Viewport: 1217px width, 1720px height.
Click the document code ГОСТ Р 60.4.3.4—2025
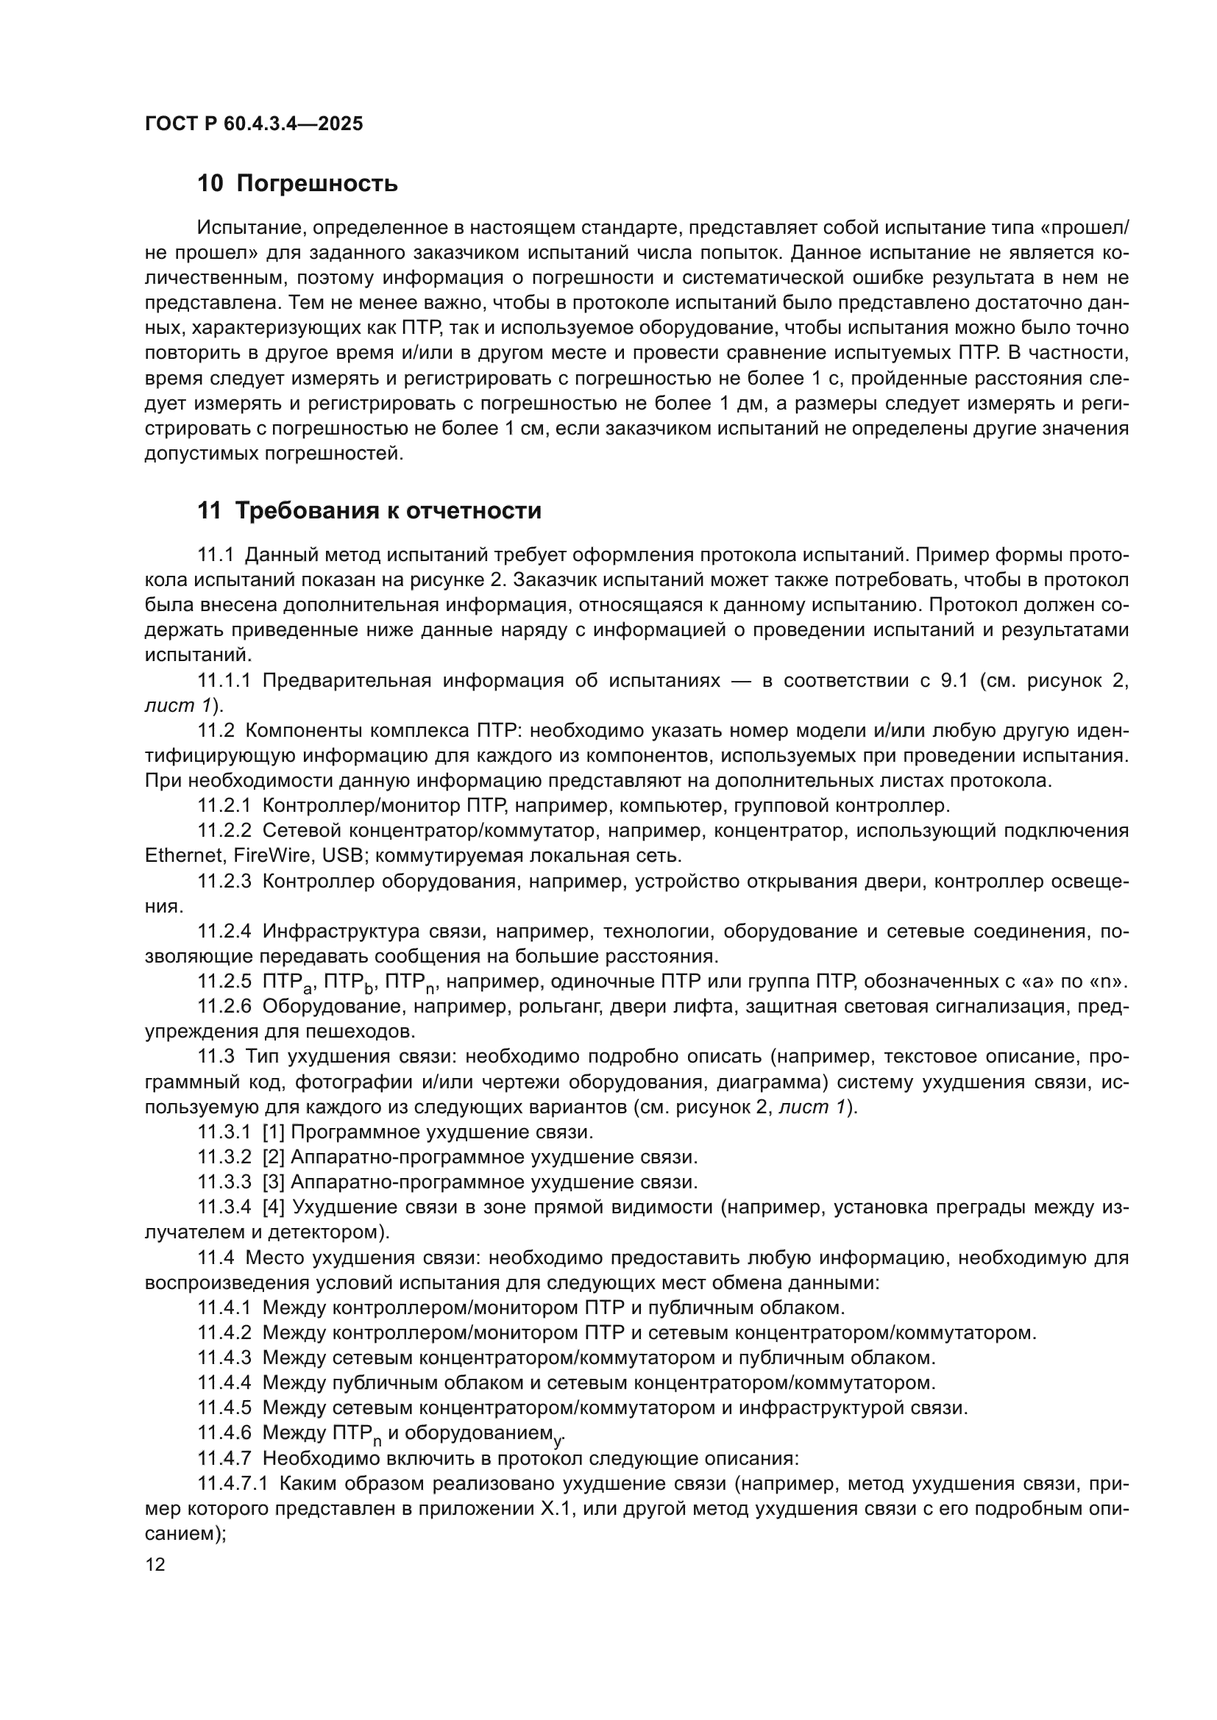click(x=253, y=124)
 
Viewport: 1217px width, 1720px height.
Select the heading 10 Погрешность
click(x=297, y=184)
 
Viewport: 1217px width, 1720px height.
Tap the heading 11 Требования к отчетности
click(x=369, y=511)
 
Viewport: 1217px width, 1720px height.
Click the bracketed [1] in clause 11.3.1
click(x=274, y=1132)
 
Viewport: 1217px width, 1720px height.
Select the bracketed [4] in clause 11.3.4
click(x=274, y=1207)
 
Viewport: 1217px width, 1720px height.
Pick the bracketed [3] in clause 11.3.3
click(x=274, y=1182)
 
